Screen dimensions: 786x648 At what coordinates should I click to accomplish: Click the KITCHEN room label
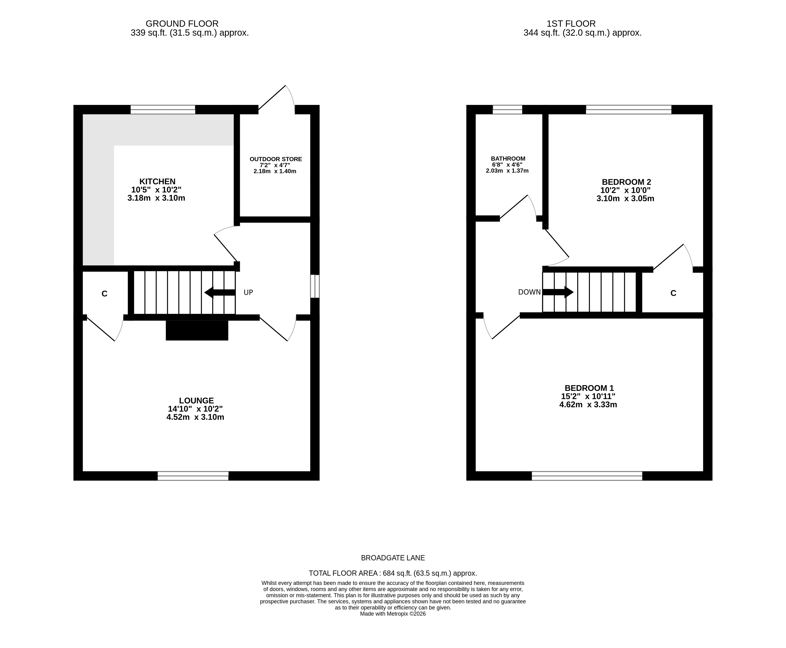(157, 182)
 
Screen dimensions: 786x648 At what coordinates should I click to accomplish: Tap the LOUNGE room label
(196, 401)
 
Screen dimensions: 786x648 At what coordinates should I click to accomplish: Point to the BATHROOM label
(508, 159)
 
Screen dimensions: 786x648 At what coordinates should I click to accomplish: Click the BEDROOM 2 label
(626, 182)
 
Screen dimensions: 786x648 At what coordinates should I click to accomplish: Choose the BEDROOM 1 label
(589, 388)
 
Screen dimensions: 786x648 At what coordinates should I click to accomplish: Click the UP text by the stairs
(248, 292)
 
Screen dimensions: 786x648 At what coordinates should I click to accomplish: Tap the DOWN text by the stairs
(529, 292)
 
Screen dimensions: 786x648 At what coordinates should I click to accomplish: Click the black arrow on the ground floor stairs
(220, 293)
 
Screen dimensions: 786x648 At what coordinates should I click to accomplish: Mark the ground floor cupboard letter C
(104, 294)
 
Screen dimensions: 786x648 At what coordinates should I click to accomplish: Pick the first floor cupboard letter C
(673, 293)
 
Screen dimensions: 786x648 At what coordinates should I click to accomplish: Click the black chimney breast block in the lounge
(197, 330)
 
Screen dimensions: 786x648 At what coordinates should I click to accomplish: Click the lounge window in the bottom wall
(193, 475)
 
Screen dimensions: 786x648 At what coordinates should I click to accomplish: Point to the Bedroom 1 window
(587, 475)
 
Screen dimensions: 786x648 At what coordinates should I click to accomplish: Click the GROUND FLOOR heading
(182, 24)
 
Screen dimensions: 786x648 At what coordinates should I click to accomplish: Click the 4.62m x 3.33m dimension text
(588, 405)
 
